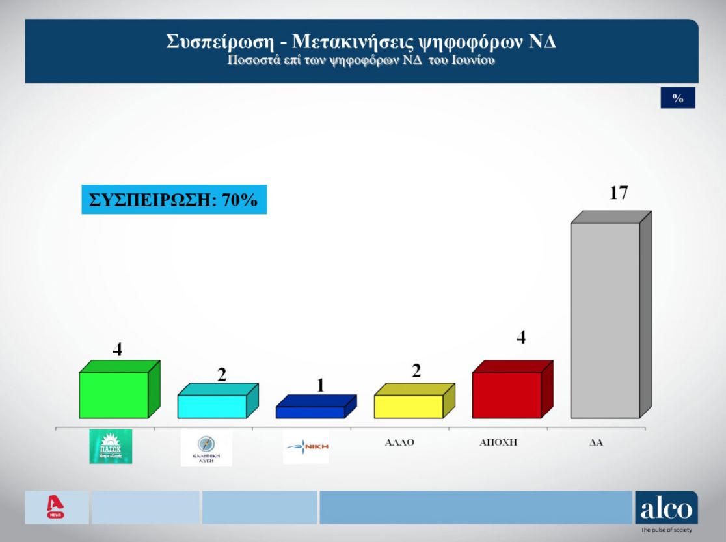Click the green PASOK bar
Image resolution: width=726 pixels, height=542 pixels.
(x=114, y=394)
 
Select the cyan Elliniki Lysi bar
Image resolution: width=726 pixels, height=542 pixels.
(x=212, y=406)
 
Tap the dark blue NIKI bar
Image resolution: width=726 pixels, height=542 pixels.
(x=310, y=412)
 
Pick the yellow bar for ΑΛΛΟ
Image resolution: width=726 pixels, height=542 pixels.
(x=409, y=406)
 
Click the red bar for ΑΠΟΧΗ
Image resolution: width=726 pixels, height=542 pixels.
(x=507, y=394)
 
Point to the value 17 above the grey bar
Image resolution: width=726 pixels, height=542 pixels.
(x=619, y=193)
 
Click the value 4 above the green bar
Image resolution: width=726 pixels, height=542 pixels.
(x=118, y=349)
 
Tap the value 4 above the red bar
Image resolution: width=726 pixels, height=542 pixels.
(x=520, y=337)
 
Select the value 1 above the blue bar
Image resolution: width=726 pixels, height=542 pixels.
(x=320, y=385)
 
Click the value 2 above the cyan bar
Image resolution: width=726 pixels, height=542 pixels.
(x=221, y=374)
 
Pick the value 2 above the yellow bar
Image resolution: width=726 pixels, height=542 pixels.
(x=416, y=371)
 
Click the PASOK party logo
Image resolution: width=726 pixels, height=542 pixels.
(x=111, y=446)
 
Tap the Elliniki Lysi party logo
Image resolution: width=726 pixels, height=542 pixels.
(x=206, y=448)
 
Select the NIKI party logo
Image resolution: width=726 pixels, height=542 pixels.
(x=306, y=447)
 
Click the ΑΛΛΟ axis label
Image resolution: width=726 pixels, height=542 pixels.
(x=399, y=442)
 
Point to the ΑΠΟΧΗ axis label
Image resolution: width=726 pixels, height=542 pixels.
(x=498, y=442)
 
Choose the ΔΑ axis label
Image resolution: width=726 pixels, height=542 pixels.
(x=597, y=442)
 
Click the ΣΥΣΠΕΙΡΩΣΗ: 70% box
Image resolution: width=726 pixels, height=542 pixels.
(x=174, y=200)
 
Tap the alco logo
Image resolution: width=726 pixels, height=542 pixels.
(x=666, y=509)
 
